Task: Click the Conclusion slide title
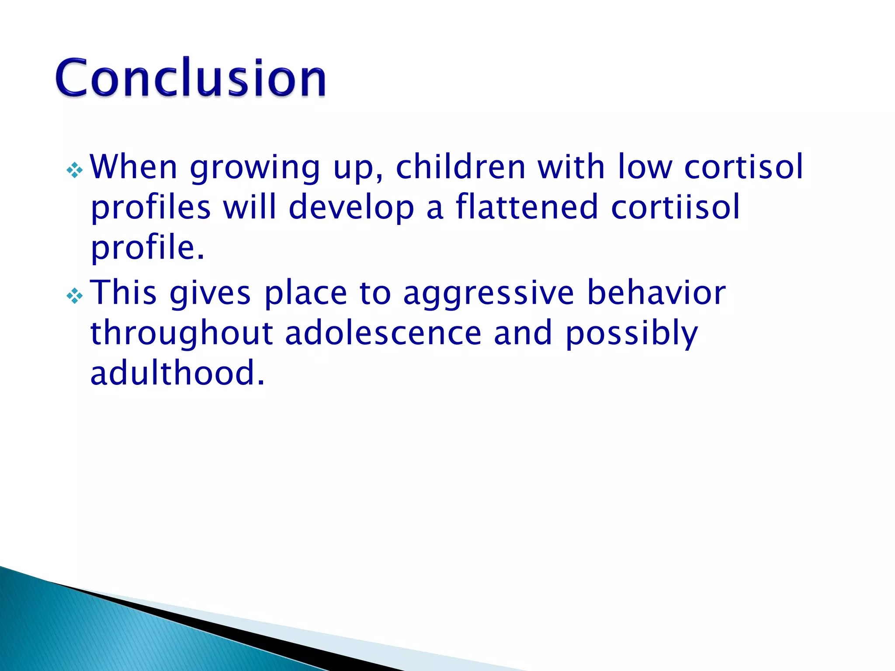click(191, 77)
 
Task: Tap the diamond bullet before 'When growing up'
click(75, 170)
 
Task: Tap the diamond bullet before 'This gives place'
click(75, 297)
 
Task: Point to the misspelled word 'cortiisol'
click(675, 207)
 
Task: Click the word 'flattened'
click(527, 207)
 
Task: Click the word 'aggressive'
click(488, 294)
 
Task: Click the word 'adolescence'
click(383, 333)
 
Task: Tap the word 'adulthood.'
click(177, 373)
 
